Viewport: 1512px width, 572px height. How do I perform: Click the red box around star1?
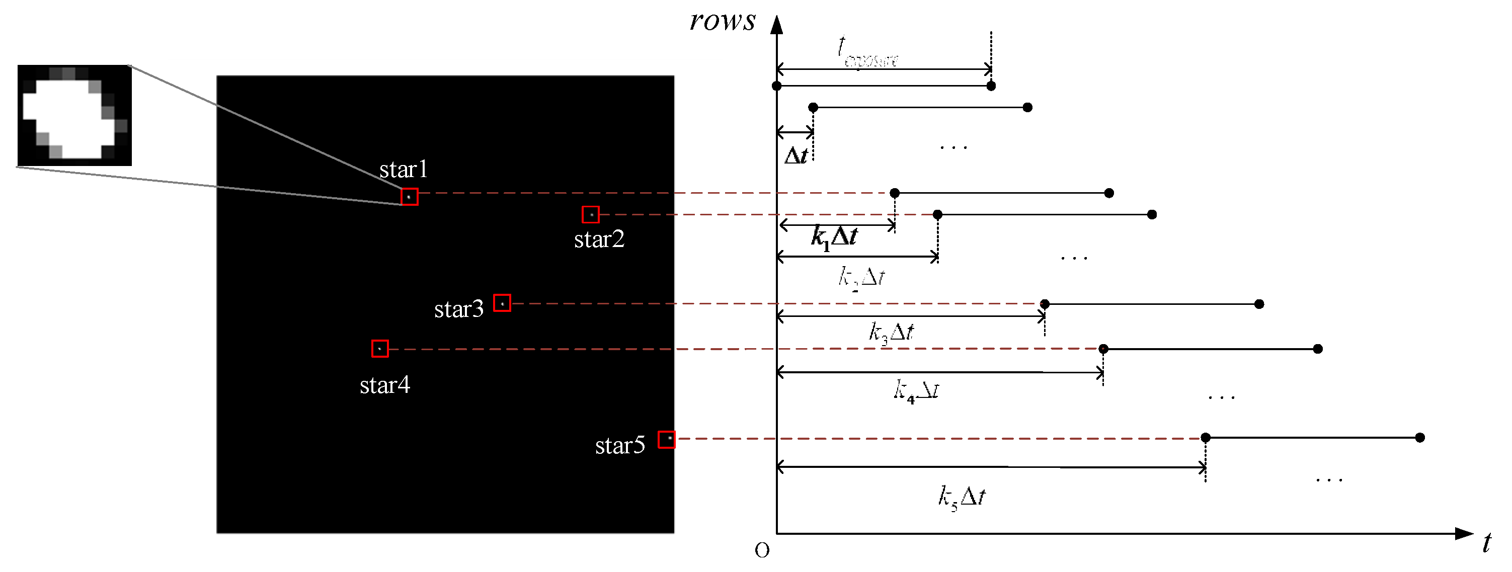(x=409, y=197)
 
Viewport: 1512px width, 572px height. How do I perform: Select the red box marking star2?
(x=591, y=215)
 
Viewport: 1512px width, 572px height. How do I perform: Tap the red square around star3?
(x=502, y=303)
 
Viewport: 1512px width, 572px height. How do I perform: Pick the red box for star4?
(x=380, y=349)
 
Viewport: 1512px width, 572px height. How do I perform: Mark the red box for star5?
(x=666, y=439)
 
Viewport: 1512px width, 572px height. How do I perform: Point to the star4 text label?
(x=384, y=385)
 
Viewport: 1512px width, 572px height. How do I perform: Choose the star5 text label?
(x=620, y=446)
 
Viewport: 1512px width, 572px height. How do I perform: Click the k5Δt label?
(x=962, y=497)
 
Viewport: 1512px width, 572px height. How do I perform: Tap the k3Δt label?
(x=891, y=333)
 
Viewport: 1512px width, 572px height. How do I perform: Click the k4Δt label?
(x=916, y=390)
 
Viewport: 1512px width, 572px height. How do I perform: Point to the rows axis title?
(x=723, y=21)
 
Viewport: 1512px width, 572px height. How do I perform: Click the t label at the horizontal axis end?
(x=1486, y=543)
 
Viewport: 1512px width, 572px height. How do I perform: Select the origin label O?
(x=762, y=550)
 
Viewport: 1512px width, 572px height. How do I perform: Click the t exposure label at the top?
(x=867, y=53)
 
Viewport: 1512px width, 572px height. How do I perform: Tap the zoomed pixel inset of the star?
(x=74, y=115)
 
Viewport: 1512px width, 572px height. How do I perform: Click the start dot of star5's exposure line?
(x=1206, y=438)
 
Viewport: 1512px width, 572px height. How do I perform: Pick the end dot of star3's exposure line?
(x=1259, y=304)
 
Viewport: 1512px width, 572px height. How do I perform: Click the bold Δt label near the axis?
(x=796, y=155)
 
